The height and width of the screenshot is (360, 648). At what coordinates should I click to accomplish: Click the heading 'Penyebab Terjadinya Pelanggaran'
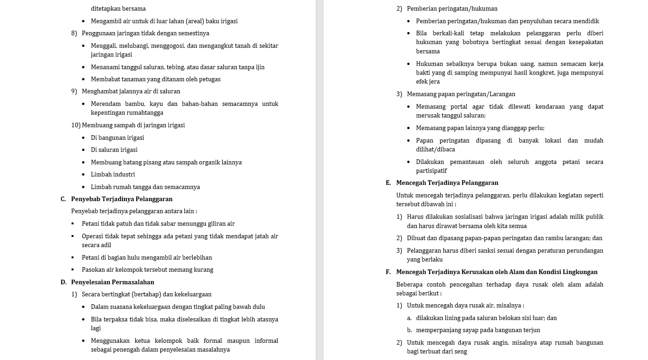tap(122, 199)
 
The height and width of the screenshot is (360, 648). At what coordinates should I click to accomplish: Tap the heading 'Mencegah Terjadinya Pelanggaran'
tap(447, 183)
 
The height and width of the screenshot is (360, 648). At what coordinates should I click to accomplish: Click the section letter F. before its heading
tap(388, 272)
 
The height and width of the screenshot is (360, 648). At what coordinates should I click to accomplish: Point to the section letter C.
tap(63, 199)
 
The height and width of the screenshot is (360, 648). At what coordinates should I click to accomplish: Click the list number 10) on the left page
tap(76, 125)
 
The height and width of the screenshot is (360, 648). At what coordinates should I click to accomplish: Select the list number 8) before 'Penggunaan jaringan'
tap(74, 33)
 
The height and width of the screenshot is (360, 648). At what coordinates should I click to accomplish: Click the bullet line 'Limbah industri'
tap(113, 175)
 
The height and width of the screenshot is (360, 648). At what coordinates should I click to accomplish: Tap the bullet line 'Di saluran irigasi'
tap(114, 150)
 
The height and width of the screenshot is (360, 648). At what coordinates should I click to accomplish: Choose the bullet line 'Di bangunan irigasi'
tap(118, 138)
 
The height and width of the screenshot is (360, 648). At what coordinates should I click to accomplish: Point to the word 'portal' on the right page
tap(460, 107)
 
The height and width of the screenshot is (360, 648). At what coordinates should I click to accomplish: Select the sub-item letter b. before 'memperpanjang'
tap(409, 330)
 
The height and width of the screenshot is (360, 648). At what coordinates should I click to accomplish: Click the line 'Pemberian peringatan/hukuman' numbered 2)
tap(452, 9)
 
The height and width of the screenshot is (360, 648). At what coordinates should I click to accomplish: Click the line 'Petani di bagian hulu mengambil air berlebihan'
tap(147, 258)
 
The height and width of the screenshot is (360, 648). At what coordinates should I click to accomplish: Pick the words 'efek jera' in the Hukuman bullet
tap(428, 82)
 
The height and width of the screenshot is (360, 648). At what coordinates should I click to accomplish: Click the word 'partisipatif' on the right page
tap(432, 171)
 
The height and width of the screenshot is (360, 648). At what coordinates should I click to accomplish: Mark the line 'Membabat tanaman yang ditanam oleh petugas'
tap(156, 79)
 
